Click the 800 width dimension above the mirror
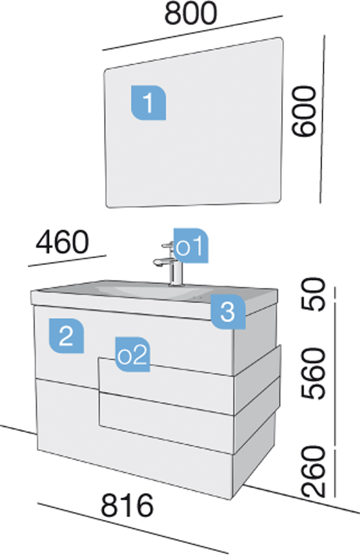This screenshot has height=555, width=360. pyautogui.click(x=191, y=13)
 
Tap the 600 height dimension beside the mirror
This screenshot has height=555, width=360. pyautogui.click(x=304, y=111)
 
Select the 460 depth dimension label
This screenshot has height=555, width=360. pyautogui.click(x=62, y=242)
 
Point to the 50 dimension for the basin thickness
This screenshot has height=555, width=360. pyautogui.click(x=313, y=294)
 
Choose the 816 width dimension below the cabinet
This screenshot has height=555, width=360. pyautogui.click(x=127, y=505)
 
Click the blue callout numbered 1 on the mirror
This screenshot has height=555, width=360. pyautogui.click(x=148, y=103)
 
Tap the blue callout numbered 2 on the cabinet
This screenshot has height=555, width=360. pyautogui.click(x=67, y=336)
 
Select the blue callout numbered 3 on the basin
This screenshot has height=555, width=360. pyautogui.click(x=228, y=312)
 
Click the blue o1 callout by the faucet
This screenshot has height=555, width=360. pyautogui.click(x=191, y=246)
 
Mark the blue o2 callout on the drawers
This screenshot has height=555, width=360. pyautogui.click(x=133, y=354)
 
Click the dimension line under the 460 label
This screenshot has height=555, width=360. pyautogui.click(x=67, y=261)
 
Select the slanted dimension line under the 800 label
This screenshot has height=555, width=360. pyautogui.click(x=193, y=33)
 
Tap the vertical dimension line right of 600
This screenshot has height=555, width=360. pyautogui.click(x=322, y=119)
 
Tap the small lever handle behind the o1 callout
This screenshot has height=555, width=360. pyautogui.click(x=167, y=245)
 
